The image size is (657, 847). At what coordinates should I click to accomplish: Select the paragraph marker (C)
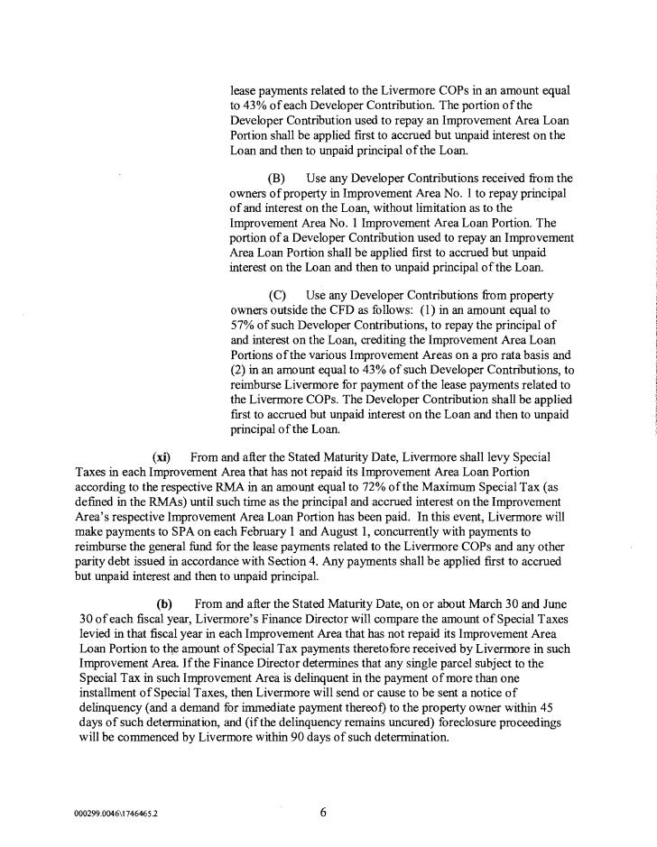[279, 296]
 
